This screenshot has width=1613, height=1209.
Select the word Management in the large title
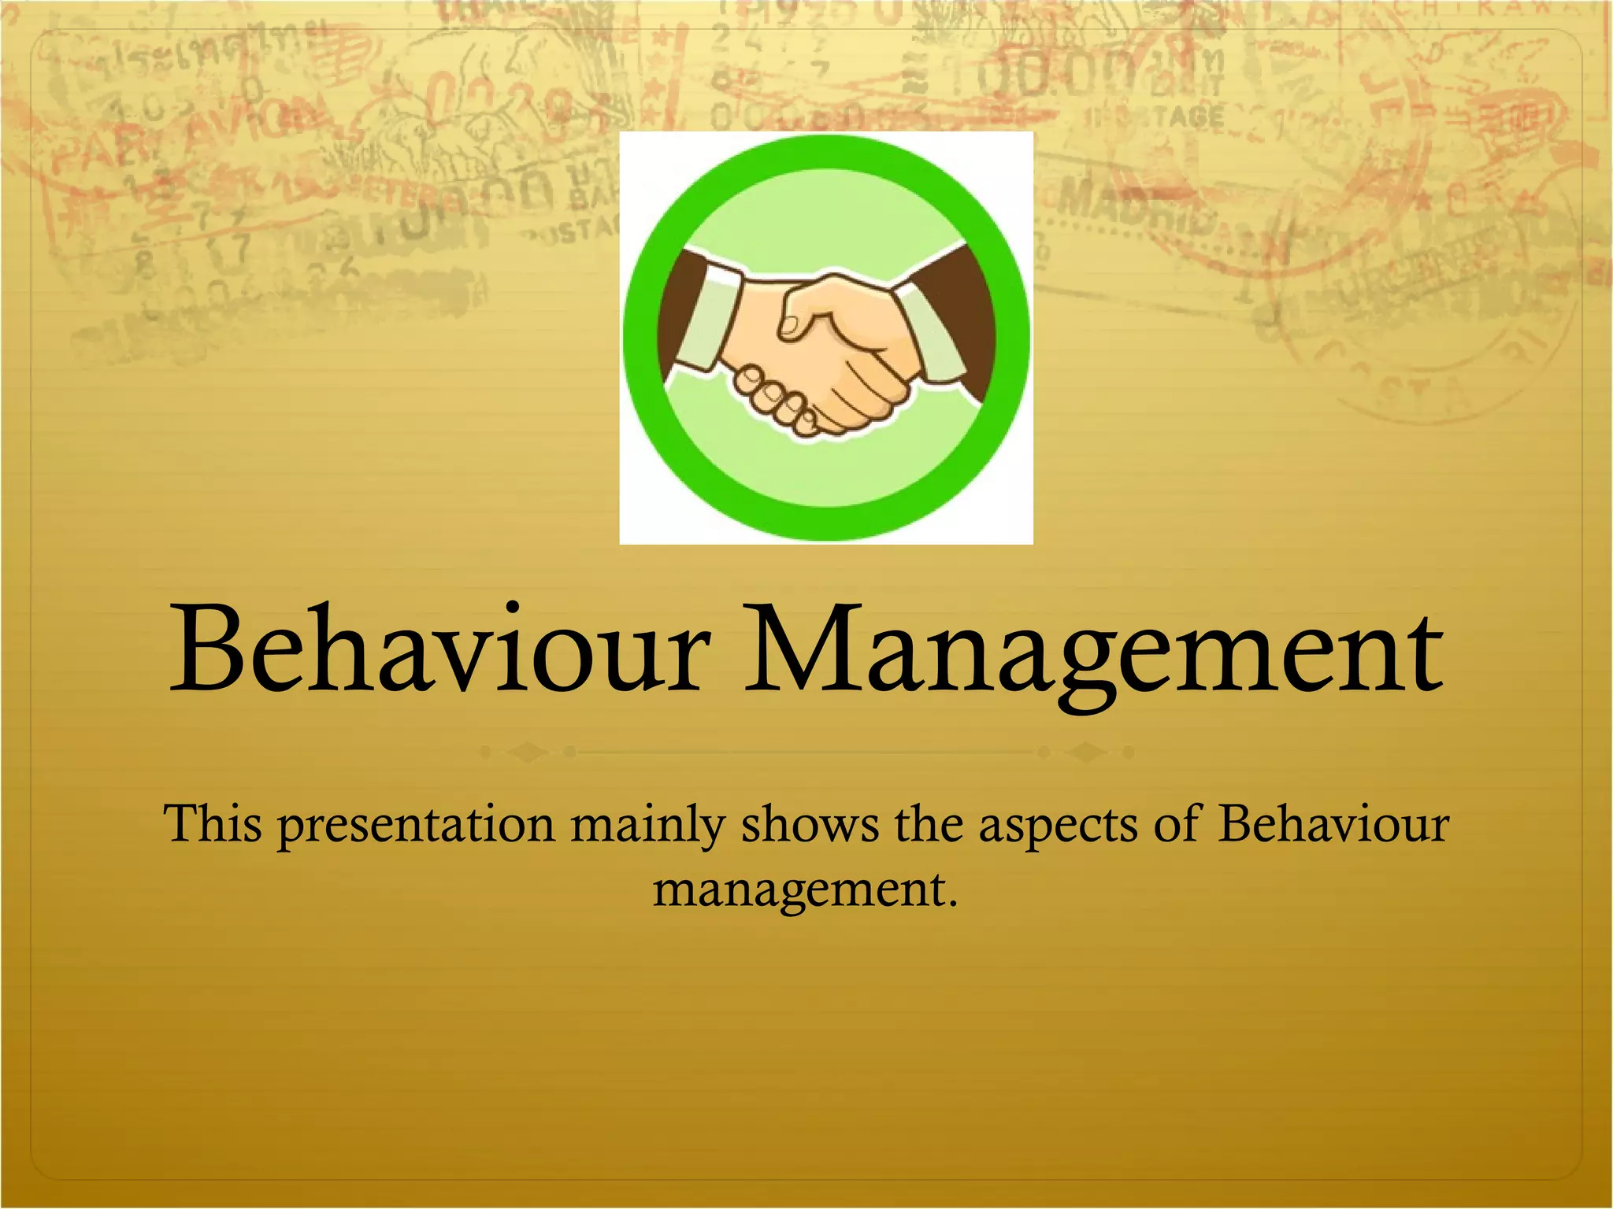[x=1093, y=653]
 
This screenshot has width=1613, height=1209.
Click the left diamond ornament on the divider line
[x=528, y=752]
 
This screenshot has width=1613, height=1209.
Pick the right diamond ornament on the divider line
[x=1086, y=752]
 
